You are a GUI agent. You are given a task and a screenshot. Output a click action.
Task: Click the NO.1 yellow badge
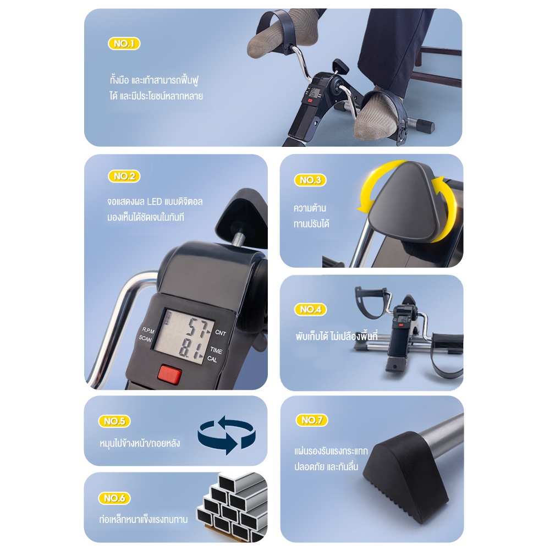coord(124,43)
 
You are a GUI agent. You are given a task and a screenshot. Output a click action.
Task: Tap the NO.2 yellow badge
coord(124,176)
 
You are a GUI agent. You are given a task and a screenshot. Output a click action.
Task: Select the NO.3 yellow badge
coord(310,180)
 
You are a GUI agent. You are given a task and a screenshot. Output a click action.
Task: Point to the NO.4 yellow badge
coord(310,309)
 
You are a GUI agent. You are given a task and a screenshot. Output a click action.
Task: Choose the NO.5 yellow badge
coord(114,421)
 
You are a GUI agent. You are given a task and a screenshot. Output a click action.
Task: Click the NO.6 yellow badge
coord(114,498)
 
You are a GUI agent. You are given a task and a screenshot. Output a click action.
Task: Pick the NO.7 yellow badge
coord(311,420)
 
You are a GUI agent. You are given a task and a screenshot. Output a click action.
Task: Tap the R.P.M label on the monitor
coord(148,331)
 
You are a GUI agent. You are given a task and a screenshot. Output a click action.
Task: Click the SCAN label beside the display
coord(145,338)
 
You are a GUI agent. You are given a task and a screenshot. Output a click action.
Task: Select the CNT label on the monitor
coord(221,333)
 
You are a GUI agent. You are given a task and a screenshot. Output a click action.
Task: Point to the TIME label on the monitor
coord(216,350)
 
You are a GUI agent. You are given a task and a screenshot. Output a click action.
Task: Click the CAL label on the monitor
coord(212,359)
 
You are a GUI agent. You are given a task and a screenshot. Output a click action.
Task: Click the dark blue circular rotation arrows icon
coord(227,435)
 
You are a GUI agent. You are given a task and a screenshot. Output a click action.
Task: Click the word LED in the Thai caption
coord(155,202)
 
